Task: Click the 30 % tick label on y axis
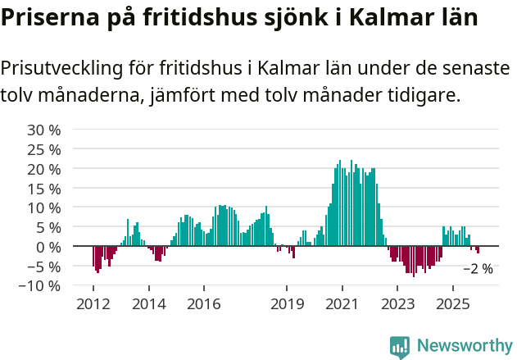[x=44, y=130]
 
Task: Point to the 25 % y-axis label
[x=44, y=149]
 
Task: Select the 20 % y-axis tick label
[x=44, y=169]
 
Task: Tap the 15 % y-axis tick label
[x=44, y=189]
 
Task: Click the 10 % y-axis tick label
[x=44, y=207]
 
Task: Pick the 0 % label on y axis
[x=48, y=247]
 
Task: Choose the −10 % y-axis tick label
[x=40, y=286]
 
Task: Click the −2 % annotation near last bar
[x=478, y=269]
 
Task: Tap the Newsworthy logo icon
[x=400, y=347]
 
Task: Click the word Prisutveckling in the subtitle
[x=74, y=68]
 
